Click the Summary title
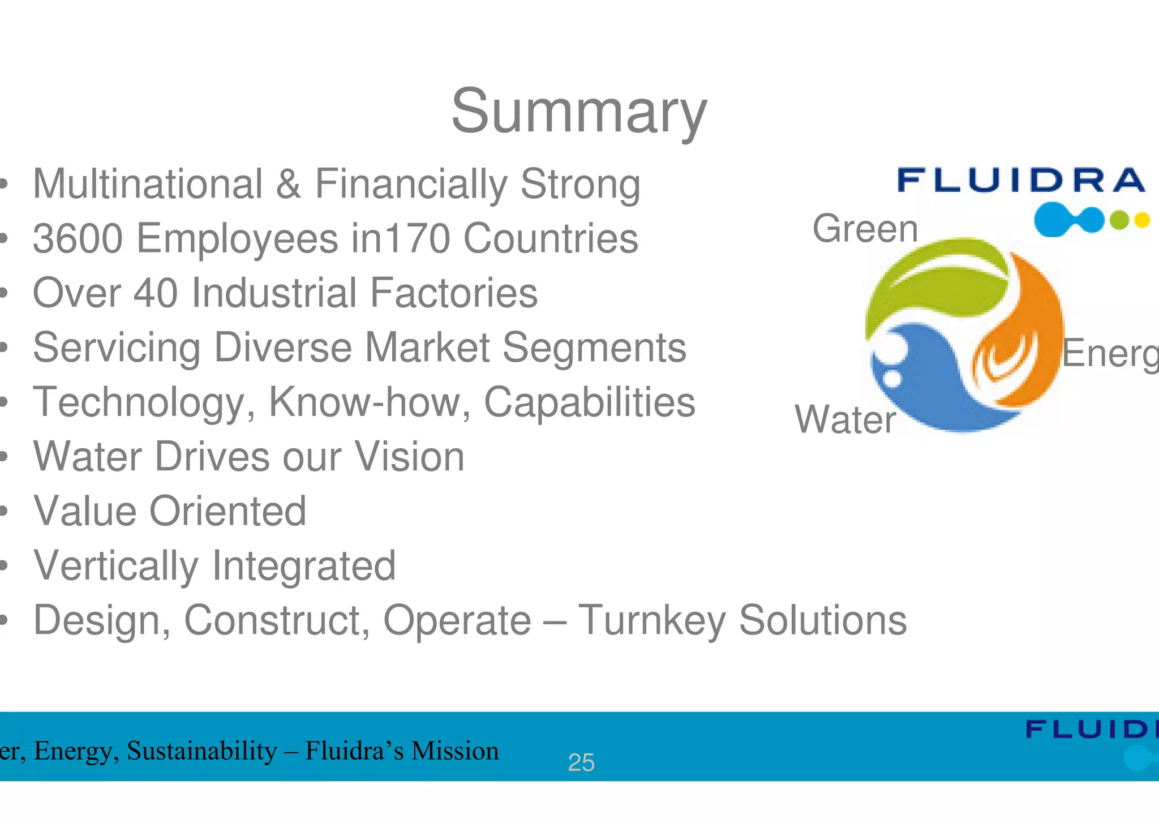coord(579,112)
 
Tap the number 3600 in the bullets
coord(78,238)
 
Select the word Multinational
coord(148,184)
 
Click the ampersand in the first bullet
coord(289,184)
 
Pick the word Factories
coord(453,293)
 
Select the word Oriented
coord(227,511)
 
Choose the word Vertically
coord(116,565)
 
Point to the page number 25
coord(581,762)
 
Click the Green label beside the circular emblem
coord(865,229)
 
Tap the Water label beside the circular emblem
coord(845,419)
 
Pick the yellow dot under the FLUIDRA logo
coord(1142,220)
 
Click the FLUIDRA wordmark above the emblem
coord(1021,181)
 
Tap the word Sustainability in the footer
coord(202,751)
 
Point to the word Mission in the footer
coord(455,751)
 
